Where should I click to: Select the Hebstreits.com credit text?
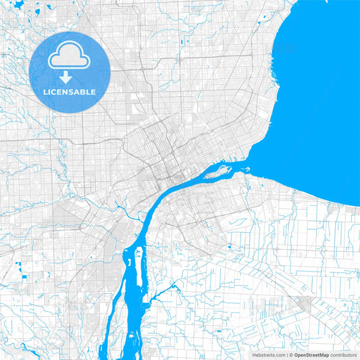click(x=270, y=355)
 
